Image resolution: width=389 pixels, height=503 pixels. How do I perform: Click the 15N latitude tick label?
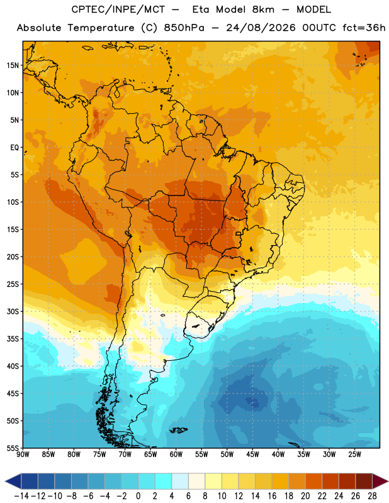point(13,65)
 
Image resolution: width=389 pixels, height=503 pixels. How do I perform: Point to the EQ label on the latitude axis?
point(14,148)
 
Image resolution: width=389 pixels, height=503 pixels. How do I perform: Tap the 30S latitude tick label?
point(13,312)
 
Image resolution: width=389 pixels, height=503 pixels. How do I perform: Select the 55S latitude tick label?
point(13,448)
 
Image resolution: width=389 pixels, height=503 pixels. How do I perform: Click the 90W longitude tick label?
point(23,455)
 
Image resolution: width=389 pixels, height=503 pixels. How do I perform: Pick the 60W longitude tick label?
point(176,455)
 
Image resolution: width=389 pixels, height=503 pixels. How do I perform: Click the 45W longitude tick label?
point(253,455)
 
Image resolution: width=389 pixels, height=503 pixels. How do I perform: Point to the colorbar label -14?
point(21,496)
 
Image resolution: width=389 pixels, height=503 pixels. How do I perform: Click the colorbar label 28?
point(372,496)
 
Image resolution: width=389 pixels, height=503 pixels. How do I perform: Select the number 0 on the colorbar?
point(138,496)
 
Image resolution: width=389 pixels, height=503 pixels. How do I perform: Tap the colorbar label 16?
point(272,496)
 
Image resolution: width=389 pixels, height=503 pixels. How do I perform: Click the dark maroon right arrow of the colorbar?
point(380,481)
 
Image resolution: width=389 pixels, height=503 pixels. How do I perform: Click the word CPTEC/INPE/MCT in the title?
point(118,9)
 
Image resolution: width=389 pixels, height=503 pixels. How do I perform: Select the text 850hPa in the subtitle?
point(184,28)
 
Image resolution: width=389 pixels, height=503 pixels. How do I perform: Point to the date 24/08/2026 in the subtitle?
point(261,28)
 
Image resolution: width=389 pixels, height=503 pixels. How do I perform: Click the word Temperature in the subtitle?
point(101,28)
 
